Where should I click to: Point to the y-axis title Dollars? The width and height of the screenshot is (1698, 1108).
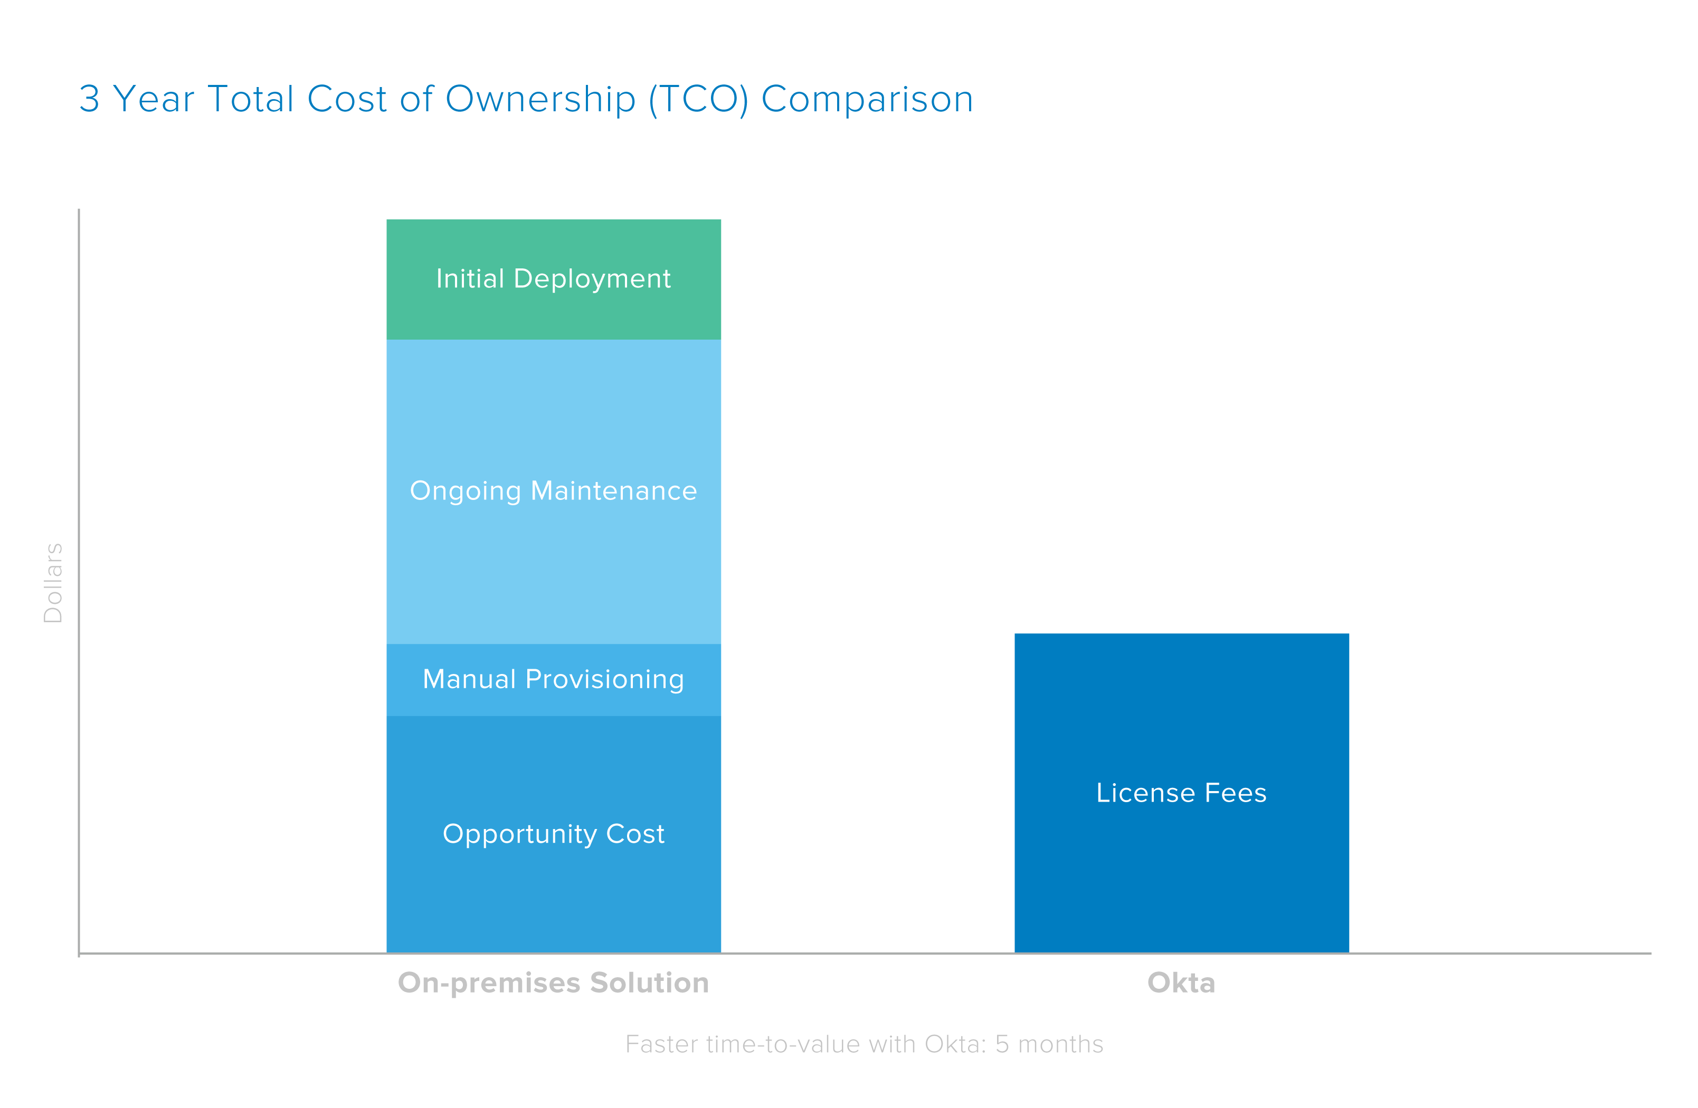tap(53, 583)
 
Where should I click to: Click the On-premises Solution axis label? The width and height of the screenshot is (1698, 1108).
tap(553, 982)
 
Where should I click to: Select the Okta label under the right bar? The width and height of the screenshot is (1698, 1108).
tap(1181, 982)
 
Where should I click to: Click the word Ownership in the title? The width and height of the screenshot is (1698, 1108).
tap(540, 99)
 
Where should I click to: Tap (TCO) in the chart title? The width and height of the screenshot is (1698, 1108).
tap(698, 99)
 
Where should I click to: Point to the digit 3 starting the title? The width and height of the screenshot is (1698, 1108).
tap(89, 99)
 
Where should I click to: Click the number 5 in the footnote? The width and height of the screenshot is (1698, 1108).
tap(1002, 1044)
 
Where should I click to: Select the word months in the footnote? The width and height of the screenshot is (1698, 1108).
tap(1060, 1044)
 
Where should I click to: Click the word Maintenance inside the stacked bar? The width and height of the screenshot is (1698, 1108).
tap(613, 490)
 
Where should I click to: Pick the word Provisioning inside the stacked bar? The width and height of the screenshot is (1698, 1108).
tap(604, 679)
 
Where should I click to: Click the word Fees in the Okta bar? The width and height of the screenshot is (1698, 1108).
tap(1235, 793)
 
